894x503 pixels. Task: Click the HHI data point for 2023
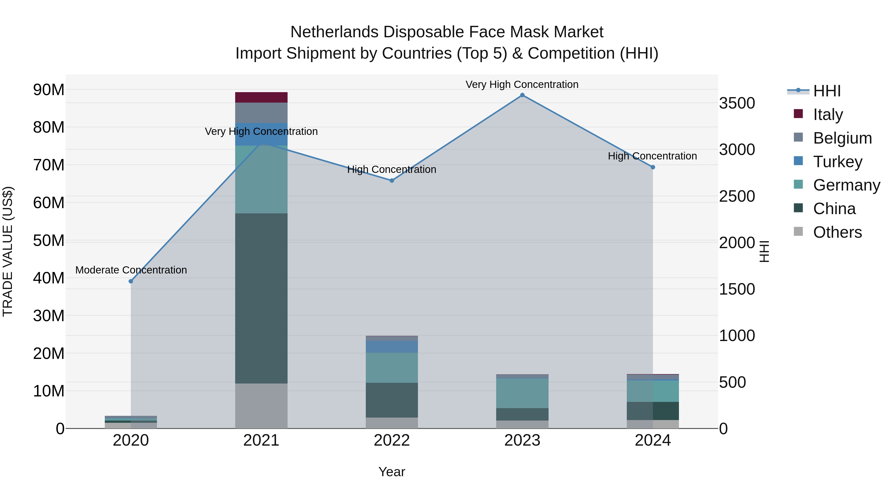pyautogui.click(x=522, y=95)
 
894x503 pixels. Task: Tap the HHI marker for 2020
pyautogui.click(x=131, y=281)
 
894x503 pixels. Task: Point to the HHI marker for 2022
pyautogui.click(x=392, y=181)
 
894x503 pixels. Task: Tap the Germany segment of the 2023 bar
pyautogui.click(x=522, y=393)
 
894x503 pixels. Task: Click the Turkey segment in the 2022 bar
pyautogui.click(x=392, y=347)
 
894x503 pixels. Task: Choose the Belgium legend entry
pyautogui.click(x=842, y=138)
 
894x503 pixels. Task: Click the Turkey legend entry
pyautogui.click(x=837, y=162)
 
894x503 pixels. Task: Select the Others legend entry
pyautogui.click(x=837, y=232)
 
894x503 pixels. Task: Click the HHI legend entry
pyautogui.click(x=827, y=91)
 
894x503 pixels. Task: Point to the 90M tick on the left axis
pyautogui.click(x=49, y=90)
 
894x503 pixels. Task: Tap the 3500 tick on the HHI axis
pyautogui.click(x=737, y=103)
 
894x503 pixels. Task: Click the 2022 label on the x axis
pyautogui.click(x=392, y=440)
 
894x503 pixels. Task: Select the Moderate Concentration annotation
pyautogui.click(x=131, y=270)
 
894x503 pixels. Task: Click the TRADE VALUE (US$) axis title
pyautogui.click(x=8, y=251)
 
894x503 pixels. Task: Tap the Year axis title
pyautogui.click(x=392, y=472)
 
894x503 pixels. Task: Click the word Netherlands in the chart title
pyautogui.click(x=334, y=32)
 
